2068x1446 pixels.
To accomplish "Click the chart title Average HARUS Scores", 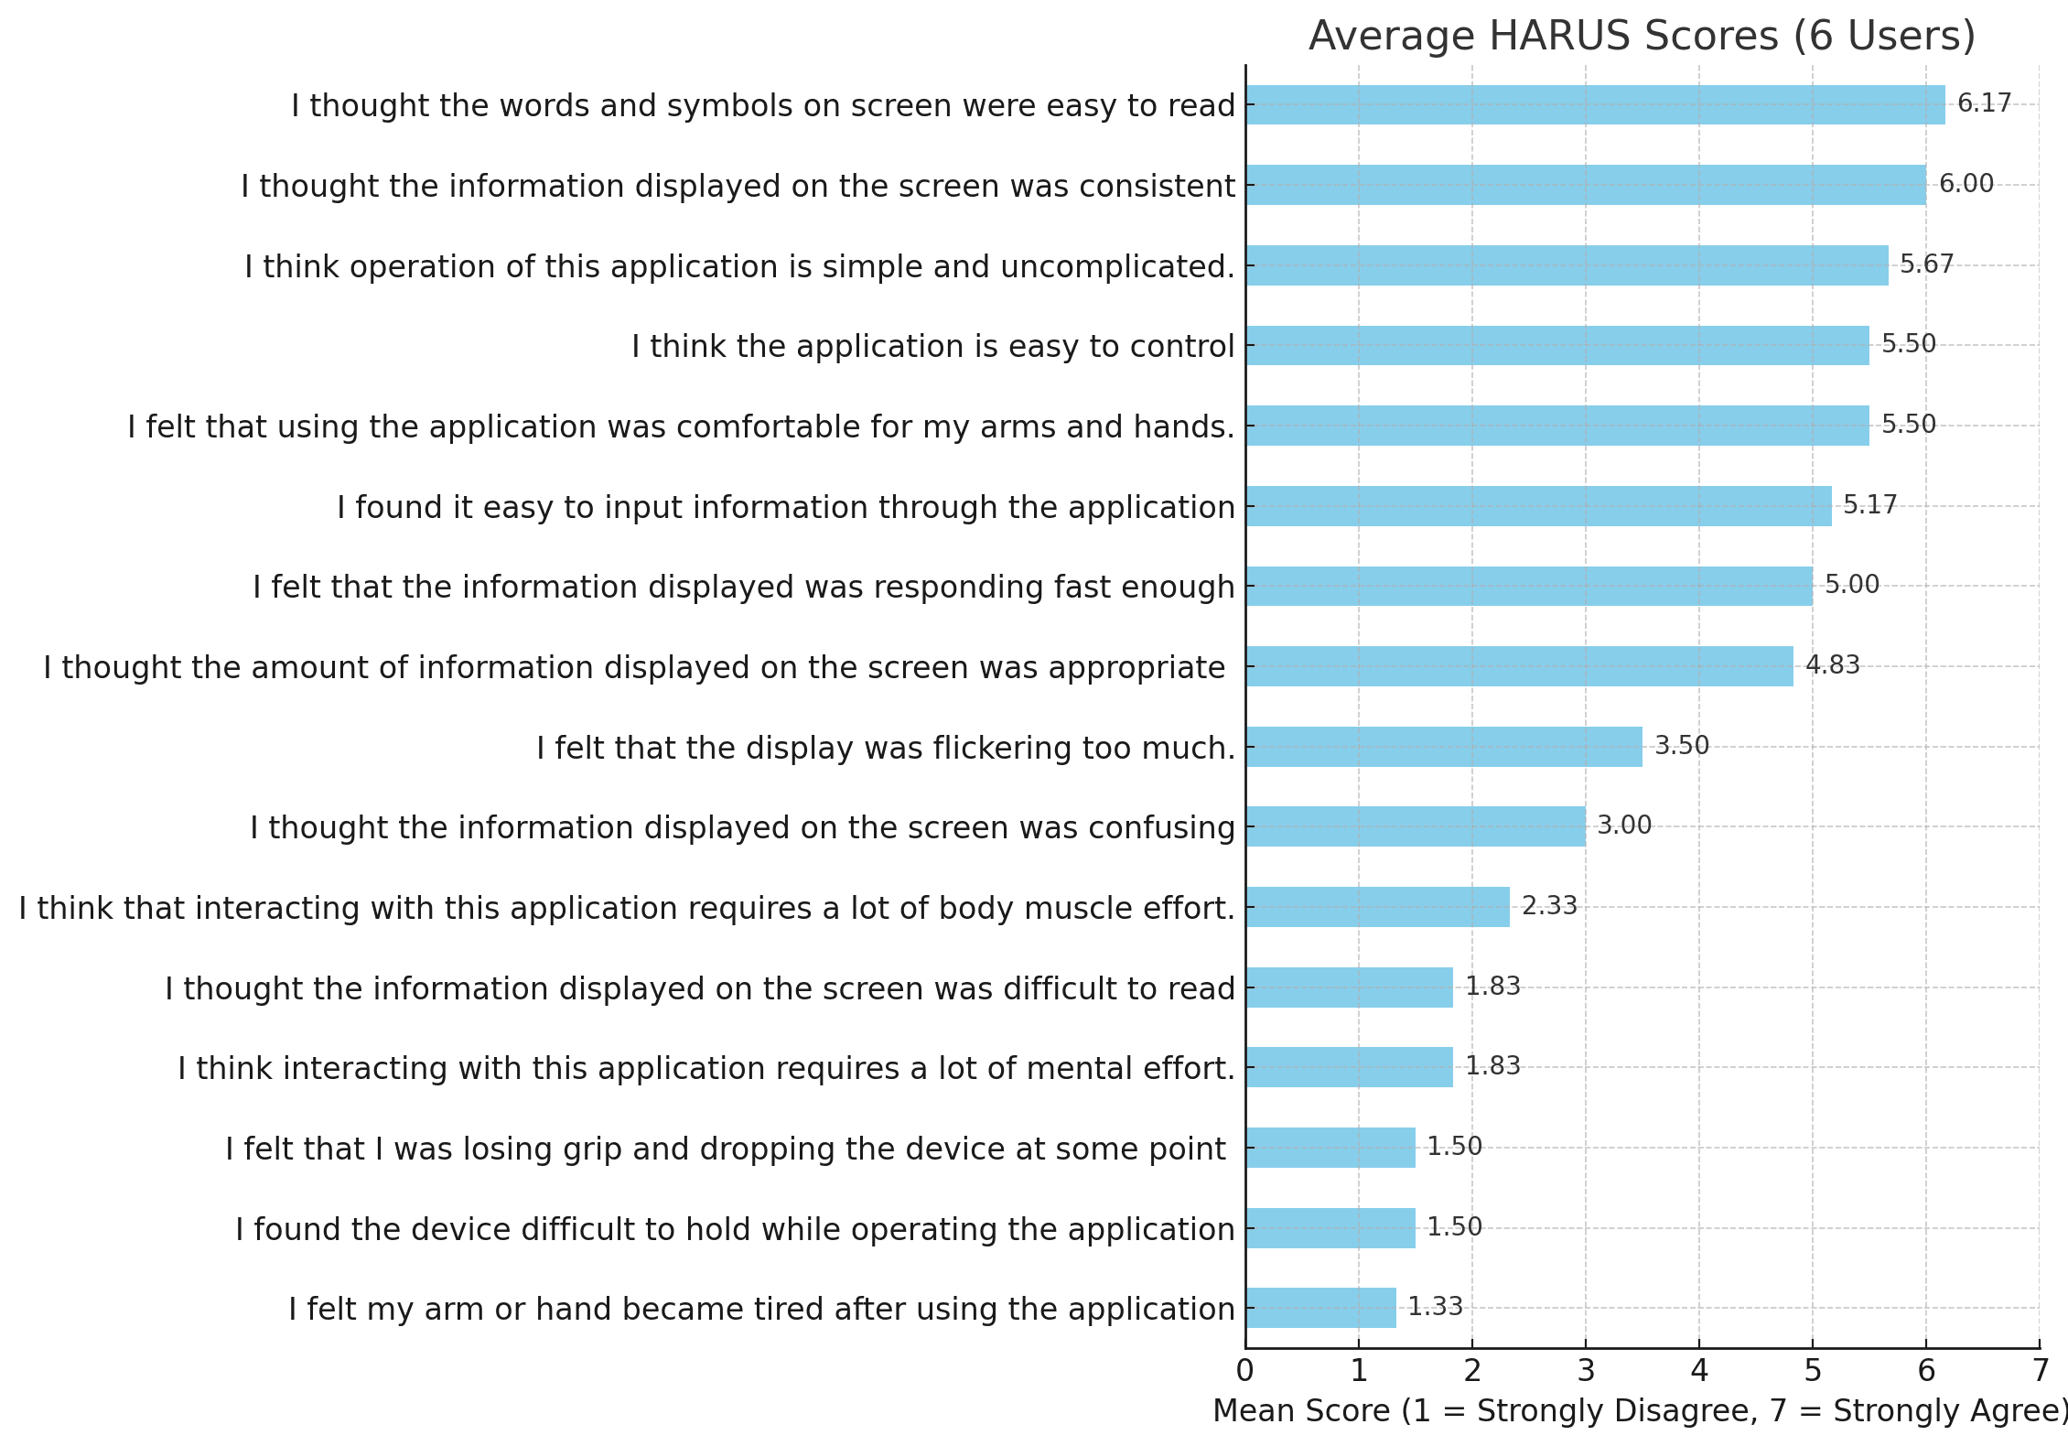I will coord(1642,37).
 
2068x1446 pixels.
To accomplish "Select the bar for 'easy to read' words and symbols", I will coord(1594,104).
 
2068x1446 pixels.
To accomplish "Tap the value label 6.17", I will coord(1984,103).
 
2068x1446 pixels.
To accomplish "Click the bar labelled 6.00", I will coord(1585,185).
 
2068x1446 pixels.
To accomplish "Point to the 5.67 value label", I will coord(1926,264).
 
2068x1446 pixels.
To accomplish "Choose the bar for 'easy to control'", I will coord(1556,345).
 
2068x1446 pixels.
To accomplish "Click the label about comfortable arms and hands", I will coord(681,426).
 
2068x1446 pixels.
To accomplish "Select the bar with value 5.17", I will coord(1538,506).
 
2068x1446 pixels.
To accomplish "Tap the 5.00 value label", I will coord(1851,585).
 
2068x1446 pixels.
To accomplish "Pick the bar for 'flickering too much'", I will coord(1443,747).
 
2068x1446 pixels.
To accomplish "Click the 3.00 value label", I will coord(1623,826).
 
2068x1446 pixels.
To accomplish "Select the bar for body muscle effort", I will coord(1377,907).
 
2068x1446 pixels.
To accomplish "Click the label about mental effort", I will coord(705,1068).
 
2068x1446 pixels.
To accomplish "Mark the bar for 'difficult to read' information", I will coord(1349,987).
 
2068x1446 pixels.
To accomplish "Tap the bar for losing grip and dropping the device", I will coord(1330,1148).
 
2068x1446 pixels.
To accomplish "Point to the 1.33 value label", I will coord(1434,1307).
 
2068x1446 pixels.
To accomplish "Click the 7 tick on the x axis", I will coord(2040,1371).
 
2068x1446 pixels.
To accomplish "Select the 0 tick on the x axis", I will coord(1244,1371).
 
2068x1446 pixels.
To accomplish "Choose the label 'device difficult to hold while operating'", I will coord(735,1229).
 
